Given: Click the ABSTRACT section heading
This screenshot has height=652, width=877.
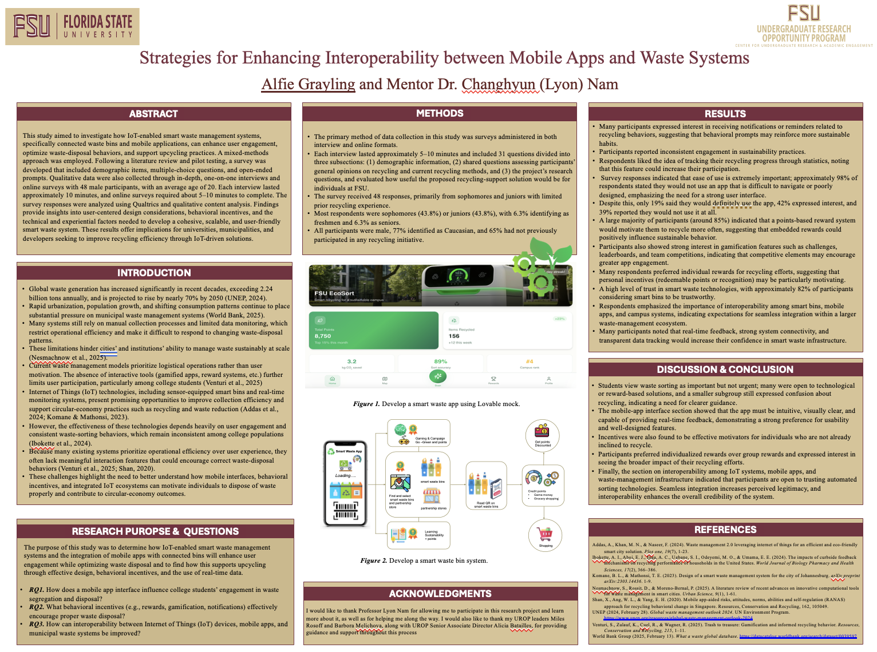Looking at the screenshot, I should coord(153,114).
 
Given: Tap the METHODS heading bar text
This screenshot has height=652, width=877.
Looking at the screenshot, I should coord(440,113).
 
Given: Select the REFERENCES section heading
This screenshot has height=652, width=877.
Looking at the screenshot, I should coord(725,530).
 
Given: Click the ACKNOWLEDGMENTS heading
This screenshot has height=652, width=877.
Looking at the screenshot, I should coord(440,594).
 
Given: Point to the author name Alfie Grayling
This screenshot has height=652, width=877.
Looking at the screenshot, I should coord(308,84).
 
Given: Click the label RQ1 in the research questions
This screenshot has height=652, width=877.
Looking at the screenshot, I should coord(37,590).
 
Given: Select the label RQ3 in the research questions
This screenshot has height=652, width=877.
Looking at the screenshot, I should coord(37,624).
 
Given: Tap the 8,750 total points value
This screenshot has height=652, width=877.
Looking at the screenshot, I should coord(323,336).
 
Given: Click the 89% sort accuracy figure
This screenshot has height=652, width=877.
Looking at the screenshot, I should coord(440,361).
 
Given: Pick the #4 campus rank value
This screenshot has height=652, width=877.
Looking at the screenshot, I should coord(530,361).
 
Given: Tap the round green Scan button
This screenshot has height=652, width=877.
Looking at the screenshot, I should coord(438,376).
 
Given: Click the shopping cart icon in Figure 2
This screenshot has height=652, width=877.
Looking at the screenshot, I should coord(545,534).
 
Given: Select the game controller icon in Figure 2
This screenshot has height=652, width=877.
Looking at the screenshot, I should coord(404,441).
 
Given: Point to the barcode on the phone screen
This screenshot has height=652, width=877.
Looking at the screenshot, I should coord(346,510).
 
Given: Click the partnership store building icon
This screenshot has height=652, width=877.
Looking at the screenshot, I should coord(432,496).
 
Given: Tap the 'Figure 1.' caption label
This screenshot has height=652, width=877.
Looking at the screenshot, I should coord(366,404).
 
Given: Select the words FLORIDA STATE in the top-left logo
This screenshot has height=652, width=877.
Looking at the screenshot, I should coord(97,22).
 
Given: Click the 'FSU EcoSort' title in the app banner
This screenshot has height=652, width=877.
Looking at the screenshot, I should coord(334,293).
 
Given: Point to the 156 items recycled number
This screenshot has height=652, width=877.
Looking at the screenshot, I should coord(454,336).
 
